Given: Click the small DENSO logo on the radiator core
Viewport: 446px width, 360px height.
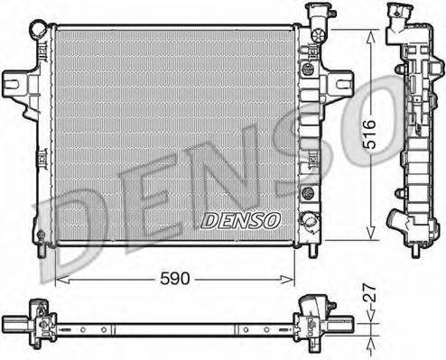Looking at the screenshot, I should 240,219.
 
